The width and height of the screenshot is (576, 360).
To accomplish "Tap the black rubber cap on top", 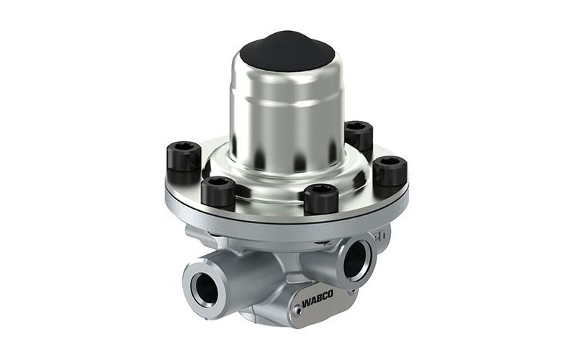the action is click(287, 51).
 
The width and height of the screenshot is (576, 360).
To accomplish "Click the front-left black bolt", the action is click(218, 192).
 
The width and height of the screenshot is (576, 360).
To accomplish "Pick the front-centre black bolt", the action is click(321, 199).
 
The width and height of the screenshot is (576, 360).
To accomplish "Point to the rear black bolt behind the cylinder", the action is click(359, 135).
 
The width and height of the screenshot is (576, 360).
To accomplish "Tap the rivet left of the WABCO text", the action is click(299, 311).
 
